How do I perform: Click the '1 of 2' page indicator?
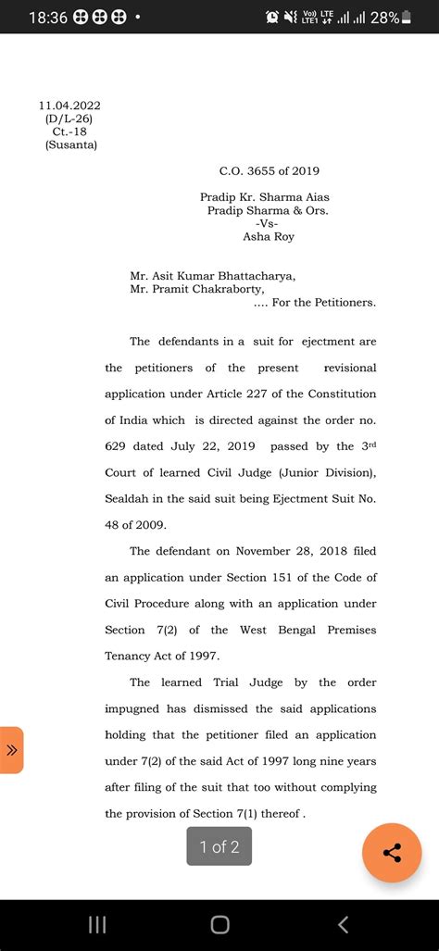click(219, 846)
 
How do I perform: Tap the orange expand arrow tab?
click(11, 750)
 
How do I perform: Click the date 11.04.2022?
click(69, 106)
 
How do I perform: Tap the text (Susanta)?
click(70, 144)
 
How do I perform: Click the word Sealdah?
click(132, 498)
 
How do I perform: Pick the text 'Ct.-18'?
click(69, 131)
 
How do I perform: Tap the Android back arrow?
click(343, 923)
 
